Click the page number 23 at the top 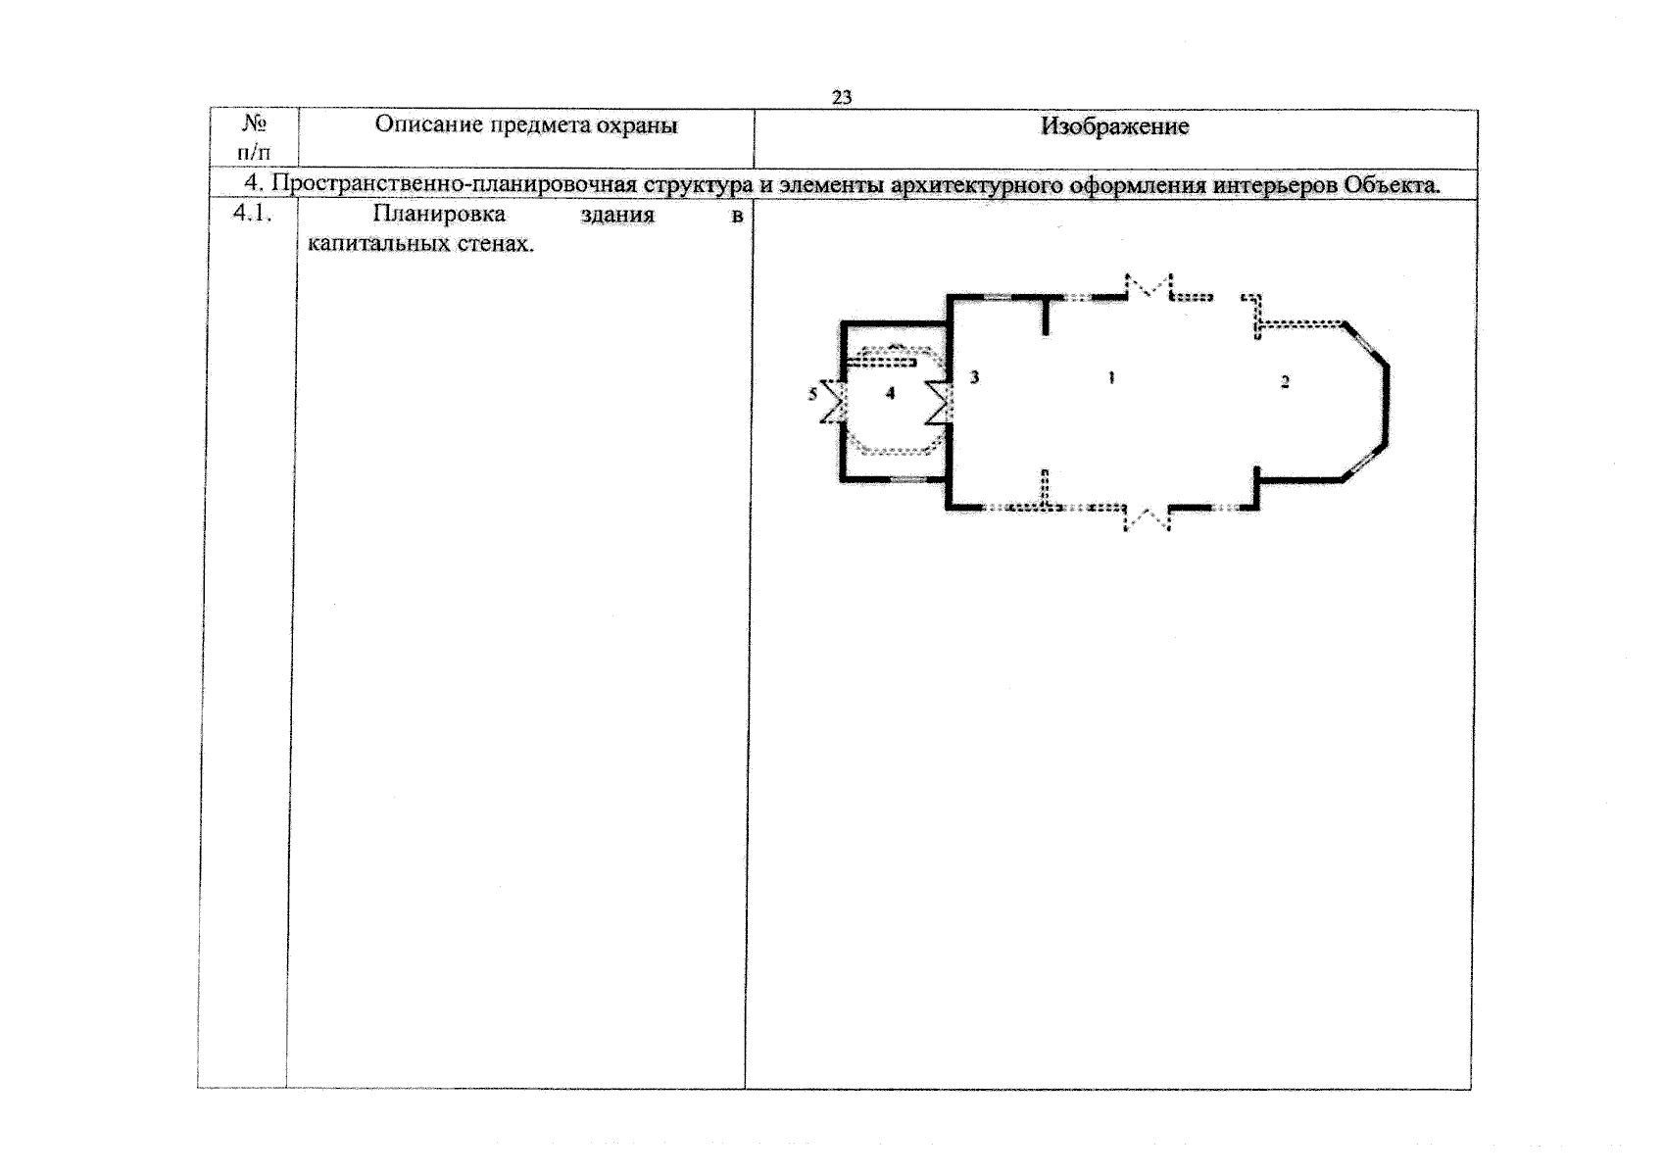point(842,97)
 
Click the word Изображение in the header point(1114,126)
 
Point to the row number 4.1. point(253,213)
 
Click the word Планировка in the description point(439,214)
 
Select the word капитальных point(378,243)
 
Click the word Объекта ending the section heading point(1392,184)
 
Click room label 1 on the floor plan point(1111,378)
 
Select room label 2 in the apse point(1285,381)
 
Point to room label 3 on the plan point(975,377)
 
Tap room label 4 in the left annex point(890,393)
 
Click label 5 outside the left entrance point(813,394)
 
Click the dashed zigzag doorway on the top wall point(1149,286)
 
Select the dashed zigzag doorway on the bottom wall point(1147,519)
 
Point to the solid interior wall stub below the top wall point(1046,316)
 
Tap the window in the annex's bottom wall point(908,479)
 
